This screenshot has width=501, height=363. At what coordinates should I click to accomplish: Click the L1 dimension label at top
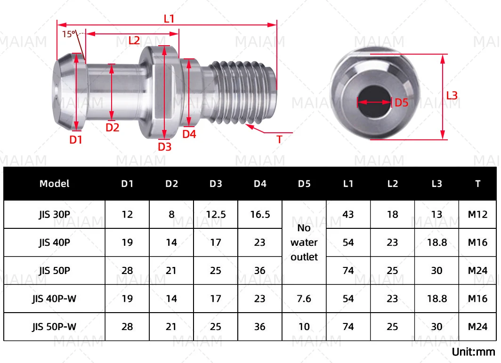click(169, 19)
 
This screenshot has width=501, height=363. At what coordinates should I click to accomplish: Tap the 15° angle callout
click(69, 34)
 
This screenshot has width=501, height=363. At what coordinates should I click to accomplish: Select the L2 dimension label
click(134, 40)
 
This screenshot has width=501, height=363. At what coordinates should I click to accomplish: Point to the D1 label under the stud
click(76, 139)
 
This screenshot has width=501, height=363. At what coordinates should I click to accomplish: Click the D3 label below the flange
click(164, 146)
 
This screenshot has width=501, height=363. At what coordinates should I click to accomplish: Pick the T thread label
click(279, 139)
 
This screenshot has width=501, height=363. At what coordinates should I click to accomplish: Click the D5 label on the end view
click(401, 102)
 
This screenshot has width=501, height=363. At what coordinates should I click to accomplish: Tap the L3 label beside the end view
click(452, 96)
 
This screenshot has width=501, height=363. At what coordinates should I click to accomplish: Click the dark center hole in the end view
click(374, 101)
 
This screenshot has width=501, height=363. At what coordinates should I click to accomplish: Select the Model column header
click(54, 184)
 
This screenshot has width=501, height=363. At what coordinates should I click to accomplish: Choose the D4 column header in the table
click(260, 184)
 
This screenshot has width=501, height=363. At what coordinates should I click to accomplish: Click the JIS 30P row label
click(54, 215)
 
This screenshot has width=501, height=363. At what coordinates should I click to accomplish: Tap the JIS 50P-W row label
click(54, 327)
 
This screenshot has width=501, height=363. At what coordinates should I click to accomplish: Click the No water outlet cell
click(304, 242)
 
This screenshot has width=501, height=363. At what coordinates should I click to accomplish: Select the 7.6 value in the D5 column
click(304, 299)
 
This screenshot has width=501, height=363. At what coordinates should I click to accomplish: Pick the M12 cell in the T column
click(477, 215)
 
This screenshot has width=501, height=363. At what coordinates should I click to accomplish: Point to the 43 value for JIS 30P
click(348, 215)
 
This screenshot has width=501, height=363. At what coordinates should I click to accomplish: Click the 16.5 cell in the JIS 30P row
click(260, 215)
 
